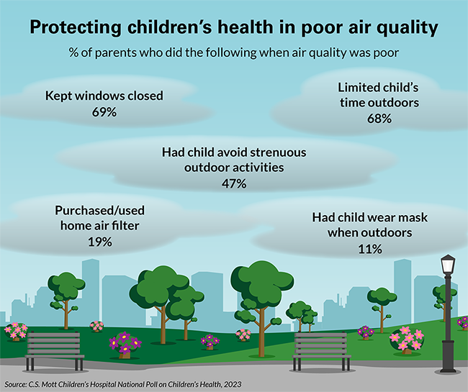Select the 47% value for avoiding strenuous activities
pyautogui.click(x=234, y=183)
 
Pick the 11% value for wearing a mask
pyautogui.click(x=369, y=249)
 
